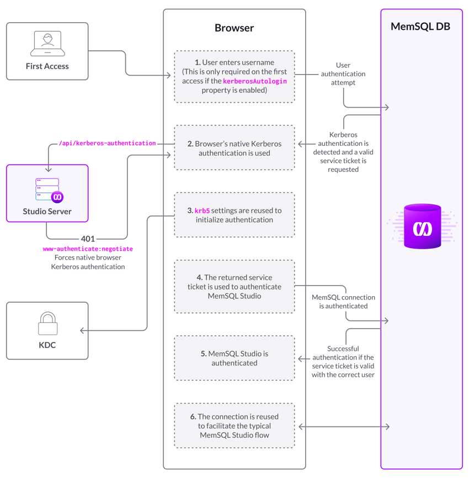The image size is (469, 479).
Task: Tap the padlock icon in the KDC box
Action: pyautogui.click(x=47, y=324)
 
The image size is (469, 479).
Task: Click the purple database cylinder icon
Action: pyautogui.click(x=423, y=227)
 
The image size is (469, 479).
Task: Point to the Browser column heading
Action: pyautogui.click(x=234, y=28)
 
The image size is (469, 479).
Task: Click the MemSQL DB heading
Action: pyautogui.click(x=420, y=26)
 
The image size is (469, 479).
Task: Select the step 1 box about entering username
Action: pyautogui.click(x=234, y=76)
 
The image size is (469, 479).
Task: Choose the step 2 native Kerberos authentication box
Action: pyautogui.click(x=234, y=148)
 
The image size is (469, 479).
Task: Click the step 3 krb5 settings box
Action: pyautogui.click(x=234, y=215)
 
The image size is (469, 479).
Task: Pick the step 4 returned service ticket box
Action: pyautogui.click(x=234, y=286)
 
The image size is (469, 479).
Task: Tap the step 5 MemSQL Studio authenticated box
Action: pyautogui.click(x=234, y=358)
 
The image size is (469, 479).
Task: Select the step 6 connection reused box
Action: pyautogui.click(x=234, y=425)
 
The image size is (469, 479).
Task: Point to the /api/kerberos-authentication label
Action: pyautogui.click(x=107, y=143)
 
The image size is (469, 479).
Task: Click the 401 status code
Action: pyautogui.click(x=88, y=239)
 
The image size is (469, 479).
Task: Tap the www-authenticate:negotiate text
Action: pyautogui.click(x=88, y=249)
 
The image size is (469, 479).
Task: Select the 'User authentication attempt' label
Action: pyautogui.click(x=343, y=74)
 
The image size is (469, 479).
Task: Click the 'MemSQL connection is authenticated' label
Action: pyautogui.click(x=343, y=302)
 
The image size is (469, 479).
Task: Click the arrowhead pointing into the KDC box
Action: pyautogui.click(x=83, y=330)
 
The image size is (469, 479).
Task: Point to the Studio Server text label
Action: pyautogui.click(x=47, y=211)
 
